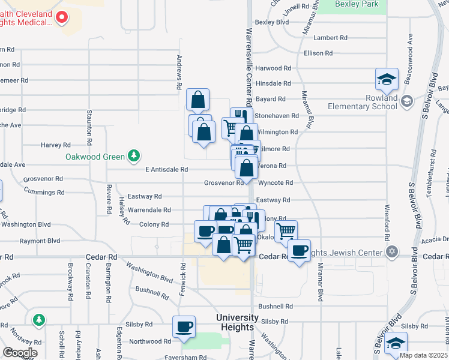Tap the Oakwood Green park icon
[133, 157]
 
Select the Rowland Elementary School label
[363, 102]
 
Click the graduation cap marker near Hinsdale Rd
[387, 79]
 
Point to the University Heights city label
[238, 322]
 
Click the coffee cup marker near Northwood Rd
[184, 327]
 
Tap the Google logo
[20, 353]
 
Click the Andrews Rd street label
[179, 72]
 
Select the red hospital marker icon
[61, 17]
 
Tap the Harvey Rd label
[56, 145]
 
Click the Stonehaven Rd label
[277, 115]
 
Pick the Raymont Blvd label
[40, 241]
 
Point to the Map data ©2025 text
[423, 355]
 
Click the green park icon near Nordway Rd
[39, 320]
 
